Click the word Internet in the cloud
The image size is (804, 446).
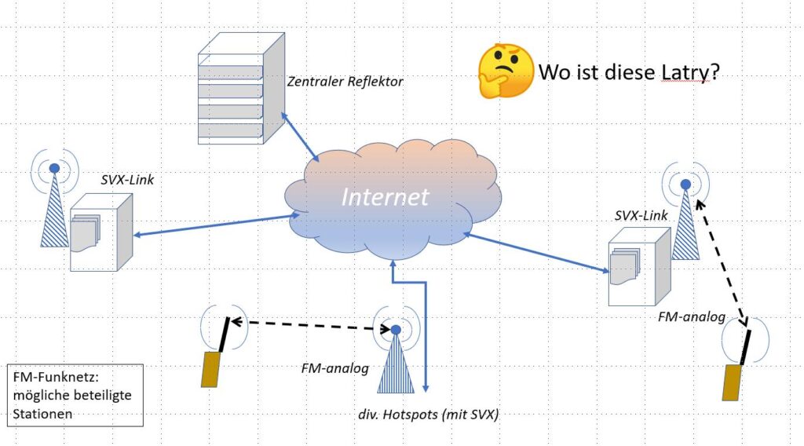point(385,196)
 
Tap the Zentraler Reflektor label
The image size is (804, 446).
point(345,80)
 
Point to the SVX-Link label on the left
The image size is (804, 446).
point(127,179)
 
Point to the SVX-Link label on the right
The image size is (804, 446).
point(641,216)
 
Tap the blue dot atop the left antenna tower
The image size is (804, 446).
point(54,168)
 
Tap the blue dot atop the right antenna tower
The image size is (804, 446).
point(685,185)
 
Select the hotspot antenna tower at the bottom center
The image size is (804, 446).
point(397,361)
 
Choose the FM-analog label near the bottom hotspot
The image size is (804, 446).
point(334,367)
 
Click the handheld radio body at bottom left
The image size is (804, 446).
point(210,369)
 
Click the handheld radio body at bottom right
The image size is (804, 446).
point(733,382)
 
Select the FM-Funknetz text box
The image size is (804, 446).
point(74,395)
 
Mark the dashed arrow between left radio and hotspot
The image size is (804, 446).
point(309,324)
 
